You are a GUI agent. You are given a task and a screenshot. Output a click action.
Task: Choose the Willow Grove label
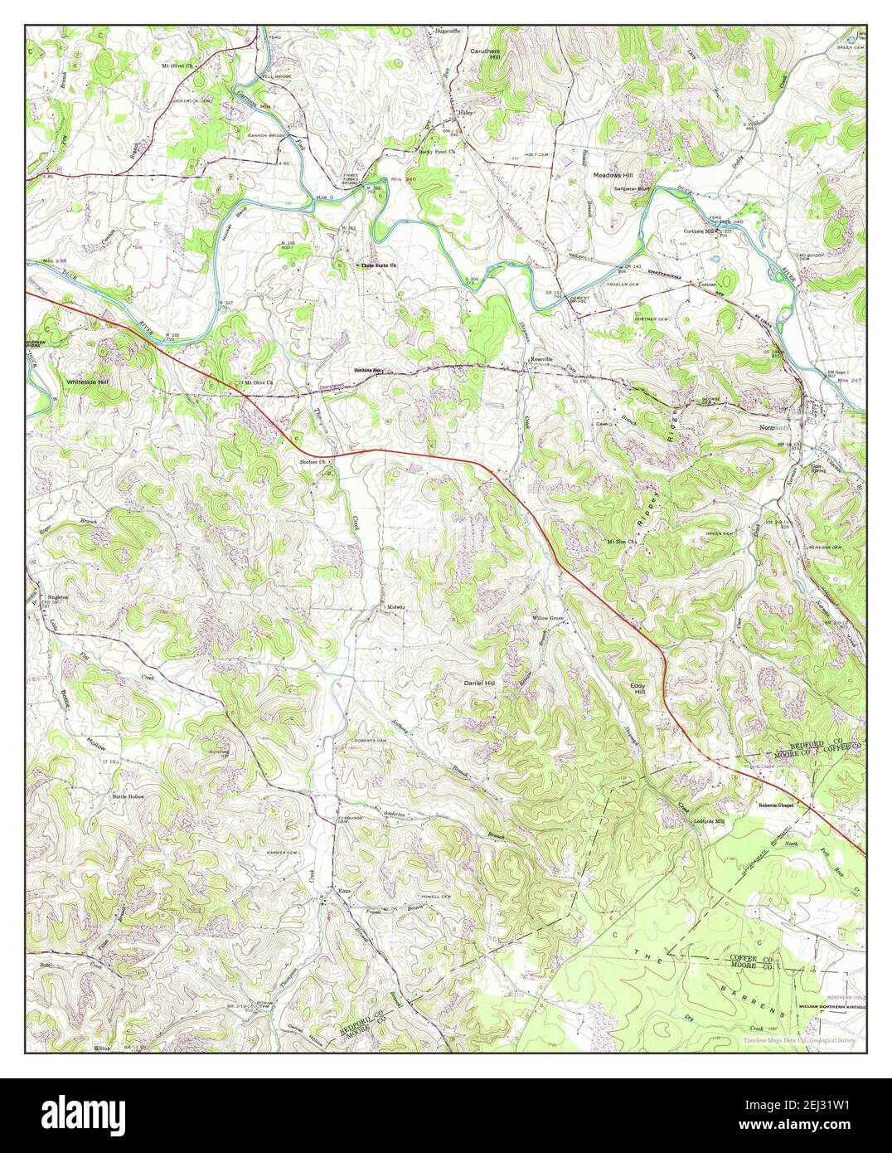pyautogui.click(x=548, y=619)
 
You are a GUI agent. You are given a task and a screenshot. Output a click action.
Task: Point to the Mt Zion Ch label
pyautogui.click(x=622, y=542)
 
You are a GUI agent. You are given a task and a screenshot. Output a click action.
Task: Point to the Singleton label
pyautogui.click(x=56, y=596)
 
